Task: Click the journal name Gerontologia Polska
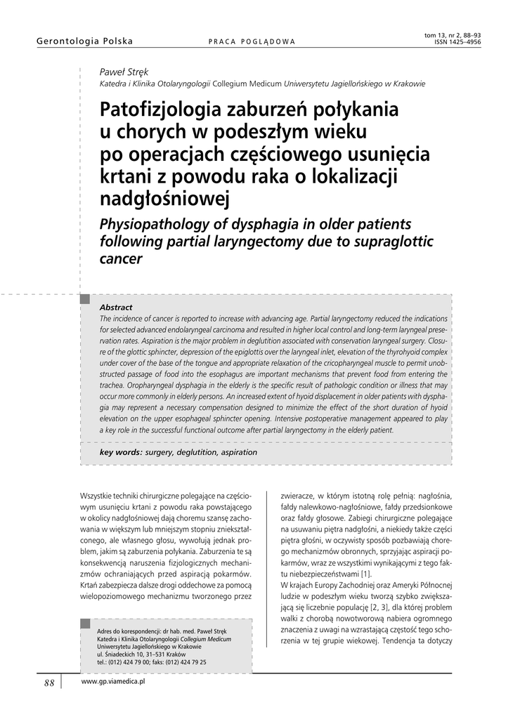[x=84, y=41]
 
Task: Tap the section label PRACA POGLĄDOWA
[x=252, y=41]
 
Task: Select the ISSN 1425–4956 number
[x=457, y=41]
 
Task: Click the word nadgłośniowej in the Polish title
[x=165, y=199]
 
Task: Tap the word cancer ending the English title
[x=122, y=258]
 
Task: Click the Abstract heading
[x=116, y=308]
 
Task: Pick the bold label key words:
[x=121, y=452]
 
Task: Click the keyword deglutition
[x=195, y=452]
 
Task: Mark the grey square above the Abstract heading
[x=86, y=300]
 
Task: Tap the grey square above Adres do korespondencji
[x=86, y=623]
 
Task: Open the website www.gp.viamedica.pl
[x=113, y=682]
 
